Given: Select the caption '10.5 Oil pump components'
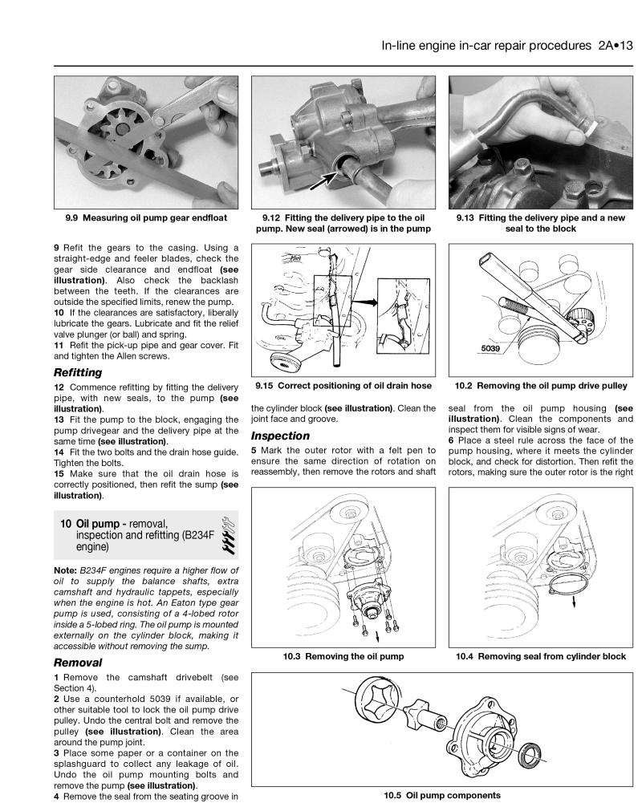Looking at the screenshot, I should tap(443, 795).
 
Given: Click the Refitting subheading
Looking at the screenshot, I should tap(77, 372).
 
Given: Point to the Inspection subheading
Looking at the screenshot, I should tap(280, 436).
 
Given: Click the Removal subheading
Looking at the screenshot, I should tap(77, 663).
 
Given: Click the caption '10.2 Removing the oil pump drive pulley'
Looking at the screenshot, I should tap(541, 386).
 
